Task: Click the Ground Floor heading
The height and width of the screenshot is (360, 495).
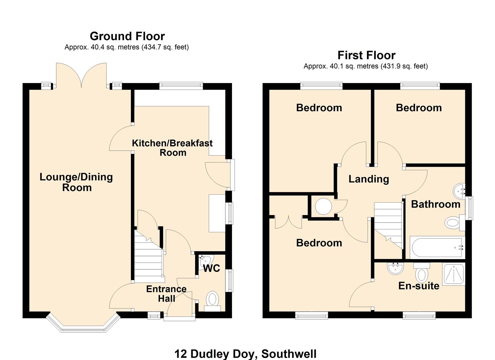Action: coord(127,36)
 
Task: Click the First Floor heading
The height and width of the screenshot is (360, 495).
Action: coord(366,55)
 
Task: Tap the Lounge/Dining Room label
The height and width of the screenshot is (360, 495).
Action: coord(76,182)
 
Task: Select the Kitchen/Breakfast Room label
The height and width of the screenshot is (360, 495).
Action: coord(172,148)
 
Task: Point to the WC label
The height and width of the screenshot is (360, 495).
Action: coord(212,268)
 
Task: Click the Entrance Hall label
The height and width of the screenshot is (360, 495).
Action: coord(166,293)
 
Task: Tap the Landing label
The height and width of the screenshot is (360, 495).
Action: coord(369,179)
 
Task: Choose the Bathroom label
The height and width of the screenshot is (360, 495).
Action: coord(435,204)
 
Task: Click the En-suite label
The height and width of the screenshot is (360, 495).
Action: coord(419,286)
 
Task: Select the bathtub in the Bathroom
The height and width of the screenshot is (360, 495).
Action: coord(437,248)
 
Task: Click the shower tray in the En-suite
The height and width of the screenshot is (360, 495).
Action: coord(453,274)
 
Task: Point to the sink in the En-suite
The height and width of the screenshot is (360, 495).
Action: coord(396,268)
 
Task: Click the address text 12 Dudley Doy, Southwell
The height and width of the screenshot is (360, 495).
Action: coord(245,354)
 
